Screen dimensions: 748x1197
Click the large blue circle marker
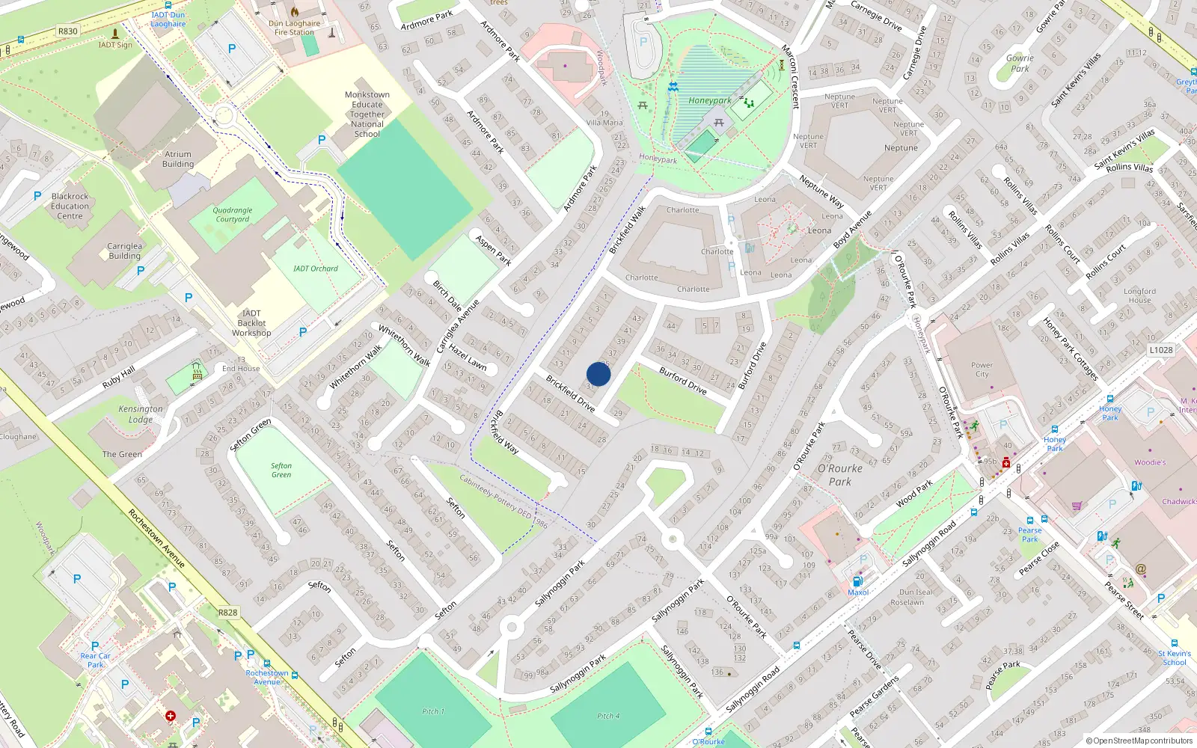(598, 374)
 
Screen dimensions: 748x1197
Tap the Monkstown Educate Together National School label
(367, 114)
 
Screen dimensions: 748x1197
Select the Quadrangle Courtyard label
(233, 215)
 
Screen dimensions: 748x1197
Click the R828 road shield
(228, 613)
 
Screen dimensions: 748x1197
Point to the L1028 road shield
(1160, 349)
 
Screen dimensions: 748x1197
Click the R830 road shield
(68, 31)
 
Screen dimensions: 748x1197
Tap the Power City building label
(982, 370)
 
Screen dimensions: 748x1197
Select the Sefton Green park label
(281, 470)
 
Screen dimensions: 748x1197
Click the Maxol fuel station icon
(857, 581)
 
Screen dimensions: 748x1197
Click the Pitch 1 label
(432, 711)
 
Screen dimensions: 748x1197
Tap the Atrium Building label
(178, 159)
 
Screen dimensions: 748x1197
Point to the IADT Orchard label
(315, 269)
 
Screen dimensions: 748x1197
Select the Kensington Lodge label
(140, 414)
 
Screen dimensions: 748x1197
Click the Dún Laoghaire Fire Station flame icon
(295, 12)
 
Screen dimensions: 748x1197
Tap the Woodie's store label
(1149, 462)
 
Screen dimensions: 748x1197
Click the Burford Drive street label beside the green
(682, 381)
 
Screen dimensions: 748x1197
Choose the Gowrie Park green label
(1020, 63)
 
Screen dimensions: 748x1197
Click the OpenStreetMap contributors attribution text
(1139, 741)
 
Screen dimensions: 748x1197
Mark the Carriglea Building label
(124, 251)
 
